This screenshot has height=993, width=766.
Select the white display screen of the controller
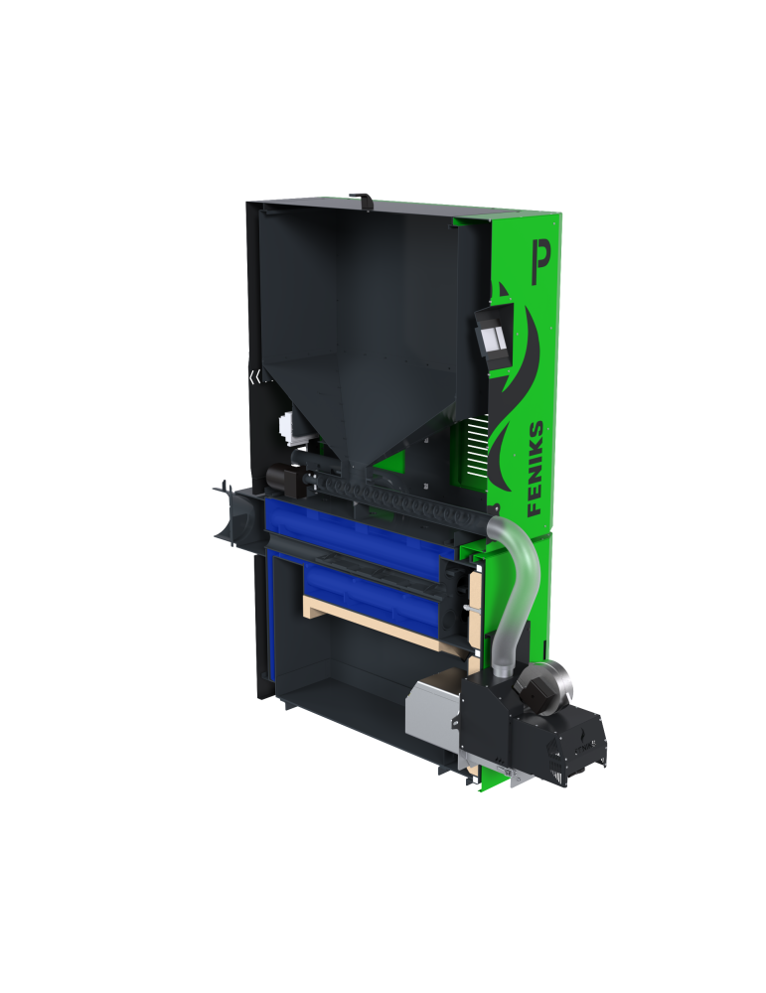[x=494, y=340]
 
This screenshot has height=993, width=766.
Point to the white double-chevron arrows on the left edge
[x=254, y=377]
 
